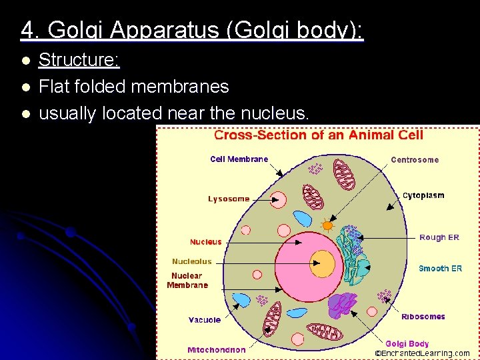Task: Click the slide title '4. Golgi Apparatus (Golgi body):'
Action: coord(192,30)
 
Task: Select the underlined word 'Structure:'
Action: coord(79,61)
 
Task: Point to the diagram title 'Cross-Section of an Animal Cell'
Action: coord(318,135)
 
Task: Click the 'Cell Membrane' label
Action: coord(239,159)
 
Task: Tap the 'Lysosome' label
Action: coord(229,199)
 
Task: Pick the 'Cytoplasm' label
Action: coord(423,196)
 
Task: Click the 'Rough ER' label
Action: coord(439,237)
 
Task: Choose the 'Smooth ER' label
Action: coord(440,269)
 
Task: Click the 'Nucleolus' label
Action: coord(191,261)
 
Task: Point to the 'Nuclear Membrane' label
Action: coord(187,280)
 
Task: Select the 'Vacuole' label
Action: coord(204,320)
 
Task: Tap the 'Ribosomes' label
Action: coord(423,317)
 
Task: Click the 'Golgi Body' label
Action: coord(407,344)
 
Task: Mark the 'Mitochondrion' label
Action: coord(216,349)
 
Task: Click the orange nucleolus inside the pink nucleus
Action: coord(323,262)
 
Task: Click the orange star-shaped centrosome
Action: coord(327,225)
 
